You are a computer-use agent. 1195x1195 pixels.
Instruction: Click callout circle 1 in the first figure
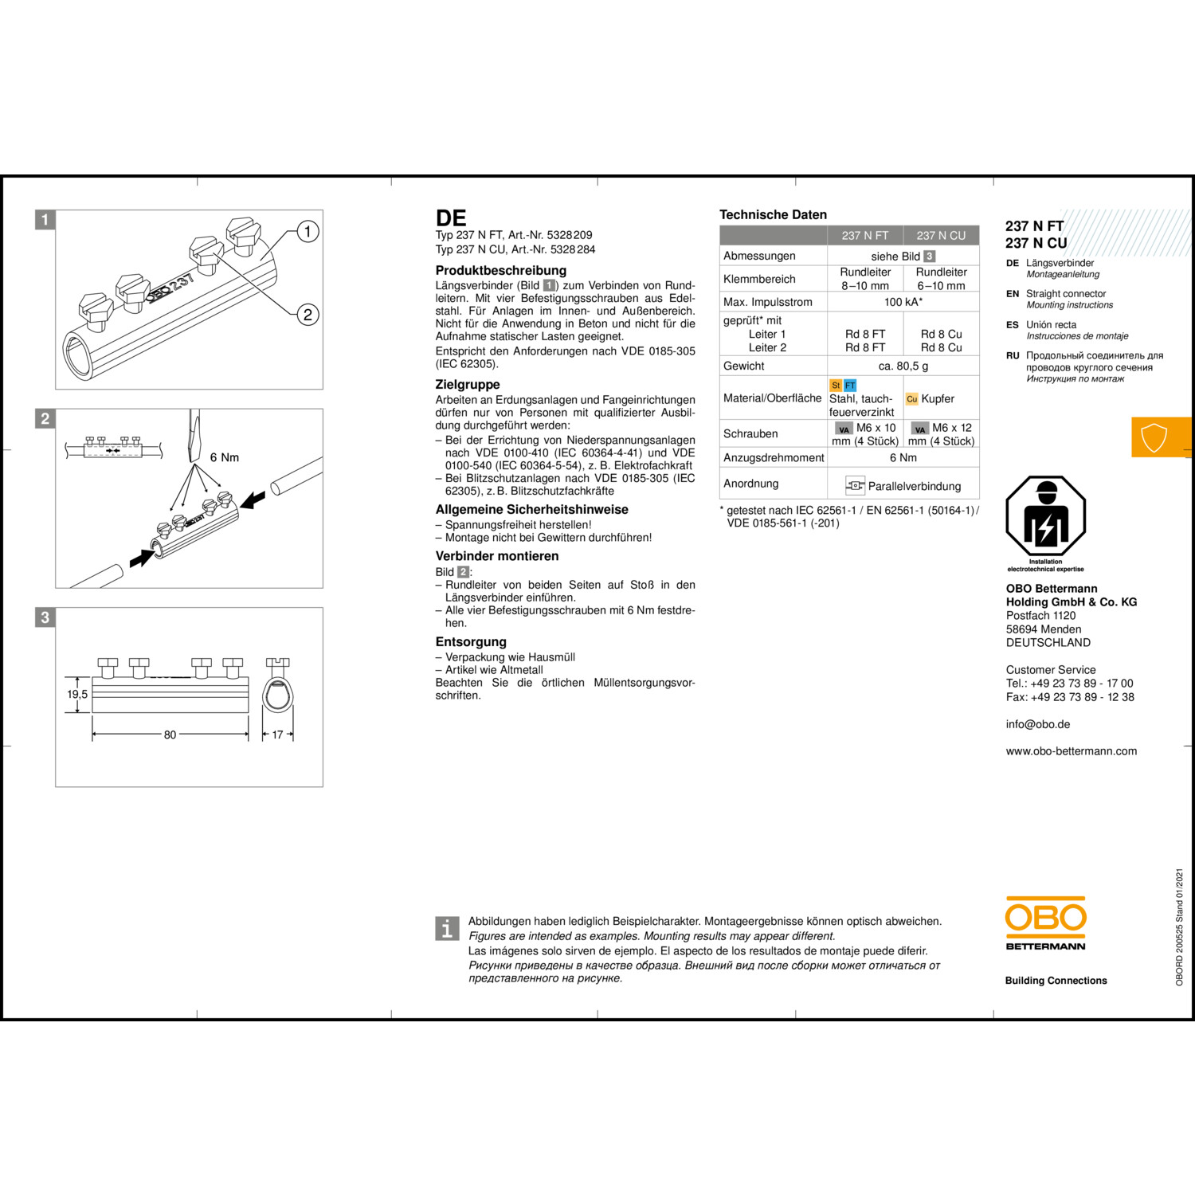308,232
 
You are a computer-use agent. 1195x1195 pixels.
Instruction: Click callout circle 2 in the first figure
308,315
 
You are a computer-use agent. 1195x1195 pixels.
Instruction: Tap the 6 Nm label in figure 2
225,457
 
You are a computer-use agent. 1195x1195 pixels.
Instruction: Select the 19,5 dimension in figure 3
77,694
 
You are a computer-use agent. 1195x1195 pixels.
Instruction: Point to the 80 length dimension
170,735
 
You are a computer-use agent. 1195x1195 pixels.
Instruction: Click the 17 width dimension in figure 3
277,735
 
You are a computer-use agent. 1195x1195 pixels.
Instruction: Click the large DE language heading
451,218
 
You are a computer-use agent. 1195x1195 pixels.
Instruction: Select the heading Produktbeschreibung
501,271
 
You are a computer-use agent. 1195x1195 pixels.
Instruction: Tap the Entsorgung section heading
471,642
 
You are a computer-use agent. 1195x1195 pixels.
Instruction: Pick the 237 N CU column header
941,236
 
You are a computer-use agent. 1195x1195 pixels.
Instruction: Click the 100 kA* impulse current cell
903,302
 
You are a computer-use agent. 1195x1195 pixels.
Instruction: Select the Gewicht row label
744,366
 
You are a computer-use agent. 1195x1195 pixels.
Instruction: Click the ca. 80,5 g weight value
903,366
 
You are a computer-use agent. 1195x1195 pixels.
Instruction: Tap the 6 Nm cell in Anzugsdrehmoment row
903,457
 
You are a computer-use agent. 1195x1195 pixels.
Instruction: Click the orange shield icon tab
1162,437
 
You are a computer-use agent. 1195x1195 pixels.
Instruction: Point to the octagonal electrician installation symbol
1046,515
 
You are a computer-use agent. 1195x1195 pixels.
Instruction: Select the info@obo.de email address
1038,724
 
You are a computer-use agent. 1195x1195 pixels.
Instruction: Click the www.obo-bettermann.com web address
1072,751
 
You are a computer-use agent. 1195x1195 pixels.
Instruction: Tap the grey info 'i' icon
448,928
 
